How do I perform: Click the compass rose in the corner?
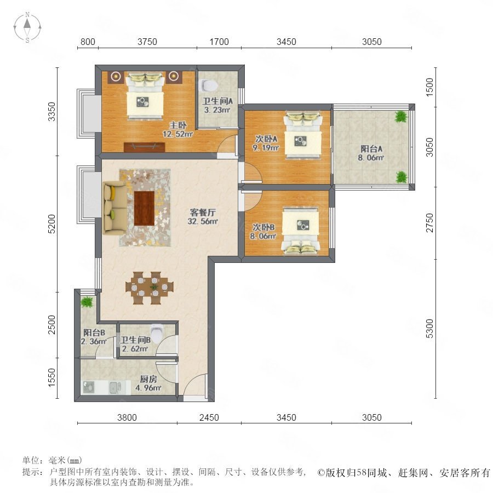tap(27, 27)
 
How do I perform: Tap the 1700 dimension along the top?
tap(219, 42)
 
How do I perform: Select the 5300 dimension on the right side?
tap(429, 329)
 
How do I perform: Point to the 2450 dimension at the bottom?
tap(209, 417)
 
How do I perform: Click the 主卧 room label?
tap(178, 125)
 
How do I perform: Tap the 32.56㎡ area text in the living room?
tap(203, 221)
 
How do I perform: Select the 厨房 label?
tap(148, 379)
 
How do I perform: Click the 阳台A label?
tap(371, 148)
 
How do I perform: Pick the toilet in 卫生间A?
tap(209, 85)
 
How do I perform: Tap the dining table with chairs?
tap(150, 288)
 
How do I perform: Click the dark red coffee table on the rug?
tap(144, 208)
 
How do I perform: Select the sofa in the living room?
tap(115, 208)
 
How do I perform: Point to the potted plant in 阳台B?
tap(87, 302)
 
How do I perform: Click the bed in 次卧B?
tap(301, 230)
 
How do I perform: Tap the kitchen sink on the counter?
tap(116, 388)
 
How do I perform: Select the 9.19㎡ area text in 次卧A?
tap(266, 147)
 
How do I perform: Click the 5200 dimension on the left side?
tap(52, 224)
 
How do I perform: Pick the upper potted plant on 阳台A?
tap(401, 117)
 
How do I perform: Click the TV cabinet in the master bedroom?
tap(145, 147)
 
